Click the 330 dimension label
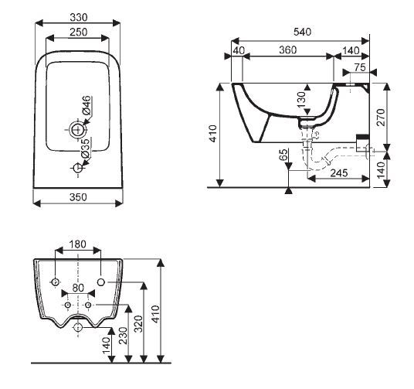(79, 18)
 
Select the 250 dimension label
(79, 32)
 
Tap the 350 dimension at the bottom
(78, 197)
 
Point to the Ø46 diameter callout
(87, 105)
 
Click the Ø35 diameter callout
(86, 148)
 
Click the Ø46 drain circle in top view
(77, 130)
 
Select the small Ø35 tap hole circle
(77, 168)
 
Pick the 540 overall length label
(303, 32)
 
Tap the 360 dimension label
(288, 50)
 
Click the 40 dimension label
(239, 50)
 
